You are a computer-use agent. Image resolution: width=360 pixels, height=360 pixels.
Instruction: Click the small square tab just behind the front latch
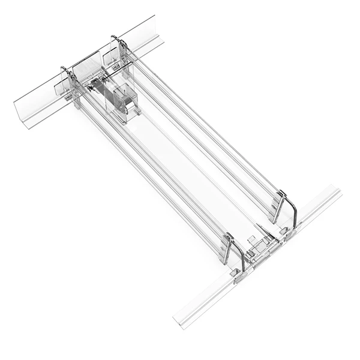(x=253, y=240)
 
